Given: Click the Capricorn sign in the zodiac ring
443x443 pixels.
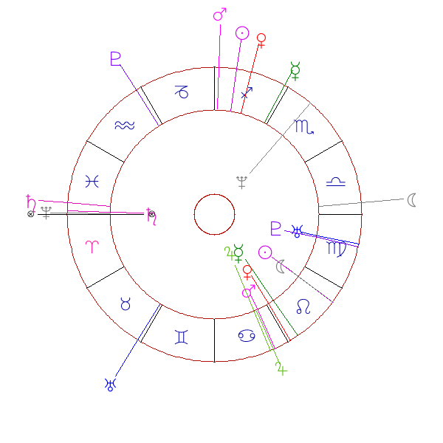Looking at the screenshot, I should pyautogui.click(x=181, y=92).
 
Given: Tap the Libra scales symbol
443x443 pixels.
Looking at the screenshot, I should pyautogui.click(x=337, y=181).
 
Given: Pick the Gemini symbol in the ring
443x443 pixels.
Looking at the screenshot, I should pyautogui.click(x=182, y=337).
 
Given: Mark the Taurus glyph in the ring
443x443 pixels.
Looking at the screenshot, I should pyautogui.click(x=126, y=303).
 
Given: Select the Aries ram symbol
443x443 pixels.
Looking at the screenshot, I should pyautogui.click(x=92, y=248).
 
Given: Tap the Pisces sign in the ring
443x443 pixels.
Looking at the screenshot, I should pyautogui.click(x=92, y=181).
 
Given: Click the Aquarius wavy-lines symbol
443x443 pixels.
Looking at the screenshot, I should pyautogui.click(x=125, y=126).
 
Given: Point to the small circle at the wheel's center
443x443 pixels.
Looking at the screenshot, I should pyautogui.click(x=214, y=214).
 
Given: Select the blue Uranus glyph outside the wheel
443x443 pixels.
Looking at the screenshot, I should pyautogui.click(x=111, y=383).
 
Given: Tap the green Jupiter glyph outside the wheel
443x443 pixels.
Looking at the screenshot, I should pyautogui.click(x=281, y=368).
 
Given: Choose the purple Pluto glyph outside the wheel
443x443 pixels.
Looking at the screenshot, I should pyautogui.click(x=115, y=58).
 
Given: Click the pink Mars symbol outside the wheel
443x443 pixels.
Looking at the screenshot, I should pyautogui.click(x=219, y=15).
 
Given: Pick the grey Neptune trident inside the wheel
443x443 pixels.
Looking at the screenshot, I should pyautogui.click(x=241, y=182).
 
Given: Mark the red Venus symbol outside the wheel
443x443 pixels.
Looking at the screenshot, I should pyautogui.click(x=261, y=39).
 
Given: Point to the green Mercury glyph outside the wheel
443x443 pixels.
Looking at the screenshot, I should pyautogui.click(x=296, y=71).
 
